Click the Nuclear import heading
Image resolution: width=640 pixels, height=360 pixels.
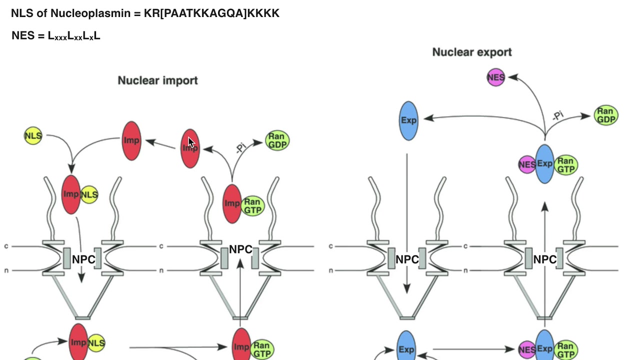click(157, 80)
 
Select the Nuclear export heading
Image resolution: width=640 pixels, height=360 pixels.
click(471, 52)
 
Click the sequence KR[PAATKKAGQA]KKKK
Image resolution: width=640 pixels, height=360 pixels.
click(211, 13)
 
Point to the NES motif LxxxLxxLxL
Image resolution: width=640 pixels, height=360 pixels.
click(74, 36)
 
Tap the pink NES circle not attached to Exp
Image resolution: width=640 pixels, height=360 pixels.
click(496, 77)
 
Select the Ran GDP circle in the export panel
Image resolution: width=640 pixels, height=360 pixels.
click(605, 115)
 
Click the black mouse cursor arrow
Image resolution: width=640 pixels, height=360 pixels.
click(191, 142)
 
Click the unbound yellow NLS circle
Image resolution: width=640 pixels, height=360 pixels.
click(33, 135)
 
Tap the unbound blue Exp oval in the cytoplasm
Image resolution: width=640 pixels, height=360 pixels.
click(408, 120)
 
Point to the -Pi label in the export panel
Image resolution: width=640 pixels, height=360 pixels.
click(557, 115)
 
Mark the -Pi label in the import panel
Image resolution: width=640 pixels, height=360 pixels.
click(240, 147)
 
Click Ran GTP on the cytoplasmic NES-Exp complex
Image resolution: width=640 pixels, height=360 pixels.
click(565, 164)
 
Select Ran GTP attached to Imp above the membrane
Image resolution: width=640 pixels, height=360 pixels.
click(252, 205)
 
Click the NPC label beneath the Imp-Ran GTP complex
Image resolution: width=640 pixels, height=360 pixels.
click(240, 249)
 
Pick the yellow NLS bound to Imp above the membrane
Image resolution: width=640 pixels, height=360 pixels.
click(89, 194)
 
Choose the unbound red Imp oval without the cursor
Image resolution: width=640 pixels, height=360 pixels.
click(131, 140)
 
